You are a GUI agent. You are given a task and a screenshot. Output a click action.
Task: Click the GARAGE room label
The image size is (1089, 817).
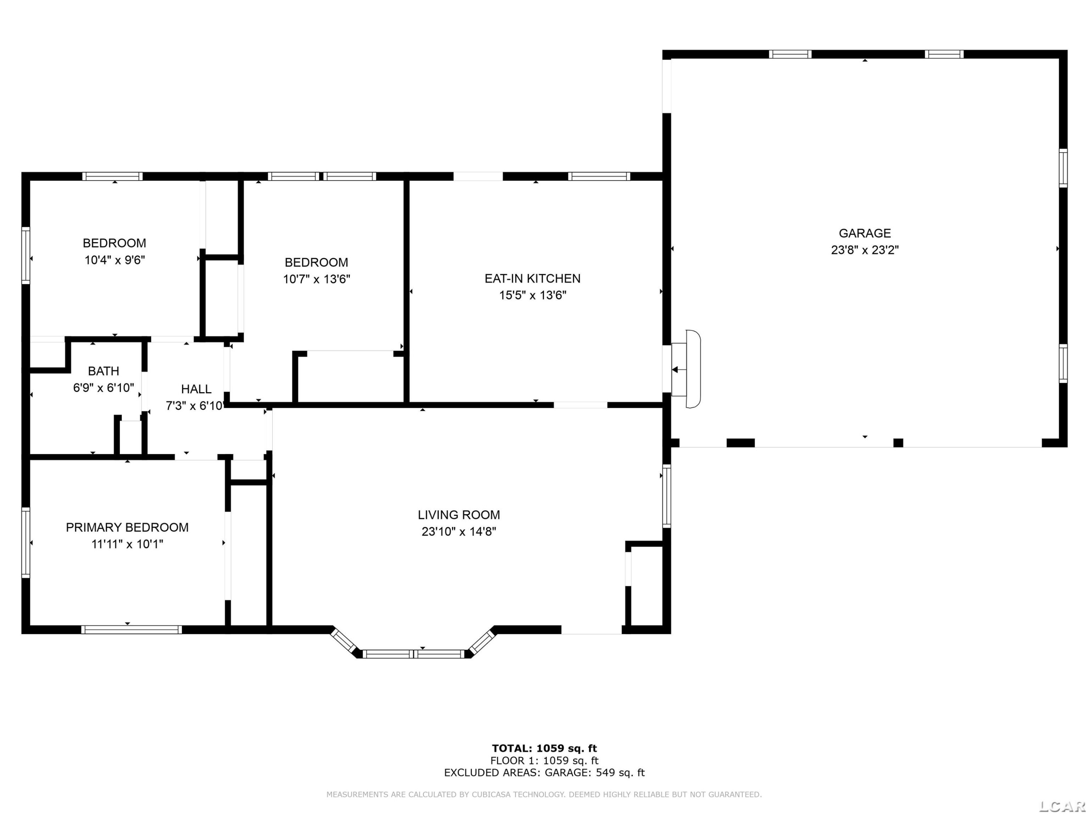pos(865,233)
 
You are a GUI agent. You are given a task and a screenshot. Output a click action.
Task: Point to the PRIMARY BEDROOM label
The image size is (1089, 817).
pos(127,528)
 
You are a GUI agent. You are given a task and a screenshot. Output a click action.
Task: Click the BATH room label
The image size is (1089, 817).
pos(103,371)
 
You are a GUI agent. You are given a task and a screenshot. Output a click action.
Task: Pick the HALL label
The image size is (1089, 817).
pos(196,389)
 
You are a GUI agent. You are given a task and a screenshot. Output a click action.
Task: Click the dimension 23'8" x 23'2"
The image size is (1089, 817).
pos(865,250)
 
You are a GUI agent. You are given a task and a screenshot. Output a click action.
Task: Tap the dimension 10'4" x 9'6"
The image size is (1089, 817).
pos(114,260)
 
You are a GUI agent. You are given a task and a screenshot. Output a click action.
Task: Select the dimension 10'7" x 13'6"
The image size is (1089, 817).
pos(316,279)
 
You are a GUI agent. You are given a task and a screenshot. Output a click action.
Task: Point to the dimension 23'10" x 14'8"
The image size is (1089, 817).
pos(459,531)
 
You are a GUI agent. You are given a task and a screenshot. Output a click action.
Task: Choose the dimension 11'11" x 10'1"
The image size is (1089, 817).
pos(127,544)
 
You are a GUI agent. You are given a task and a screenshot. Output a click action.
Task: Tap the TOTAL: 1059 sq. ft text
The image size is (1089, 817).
pos(544,748)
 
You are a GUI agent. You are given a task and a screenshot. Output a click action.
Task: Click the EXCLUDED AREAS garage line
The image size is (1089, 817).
pos(544,772)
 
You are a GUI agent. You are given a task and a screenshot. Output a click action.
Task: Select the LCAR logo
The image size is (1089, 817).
pos(1062,806)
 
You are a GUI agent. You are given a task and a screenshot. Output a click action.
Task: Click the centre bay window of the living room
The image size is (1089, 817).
pos(413,654)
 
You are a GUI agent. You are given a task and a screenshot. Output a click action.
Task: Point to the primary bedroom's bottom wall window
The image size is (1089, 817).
pos(131,629)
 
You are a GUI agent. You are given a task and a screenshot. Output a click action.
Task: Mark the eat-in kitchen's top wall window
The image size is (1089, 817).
pos(599,176)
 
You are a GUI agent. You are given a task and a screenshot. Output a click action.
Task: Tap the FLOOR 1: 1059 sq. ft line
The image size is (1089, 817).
pos(544,760)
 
